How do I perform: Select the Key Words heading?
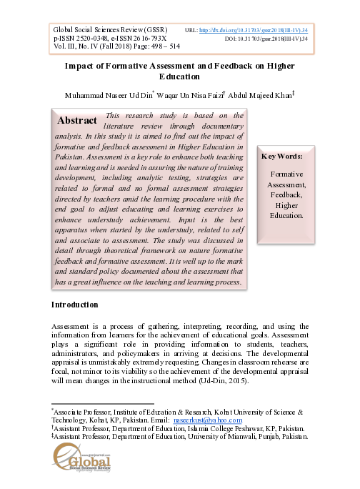[x=283, y=156]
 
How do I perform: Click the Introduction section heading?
[x=75, y=305]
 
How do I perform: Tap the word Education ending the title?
[x=179, y=77]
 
